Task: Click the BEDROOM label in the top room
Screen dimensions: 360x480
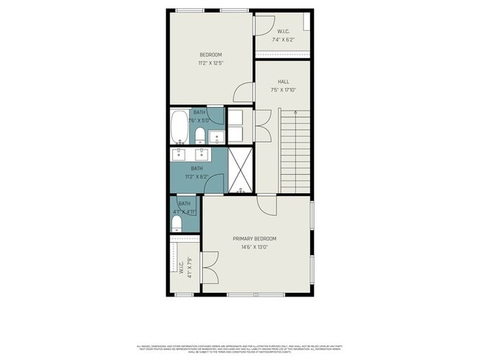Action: [210, 55]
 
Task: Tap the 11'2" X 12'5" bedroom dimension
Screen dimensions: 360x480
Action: [210, 63]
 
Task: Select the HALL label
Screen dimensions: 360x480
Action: [283, 82]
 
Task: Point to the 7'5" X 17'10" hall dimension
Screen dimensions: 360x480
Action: [283, 91]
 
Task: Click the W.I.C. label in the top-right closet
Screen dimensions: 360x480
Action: [283, 31]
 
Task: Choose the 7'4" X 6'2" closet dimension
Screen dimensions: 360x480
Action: [283, 39]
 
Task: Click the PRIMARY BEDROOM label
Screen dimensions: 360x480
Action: [254, 238]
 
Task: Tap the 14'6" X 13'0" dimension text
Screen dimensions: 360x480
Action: [254, 247]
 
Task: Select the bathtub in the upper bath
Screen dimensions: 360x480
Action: [180, 128]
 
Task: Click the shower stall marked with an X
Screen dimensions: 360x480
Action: [239, 169]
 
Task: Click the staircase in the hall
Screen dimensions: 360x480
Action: [294, 151]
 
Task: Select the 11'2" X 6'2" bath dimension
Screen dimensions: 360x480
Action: [196, 177]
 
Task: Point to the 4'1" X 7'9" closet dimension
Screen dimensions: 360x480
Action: [189, 266]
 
